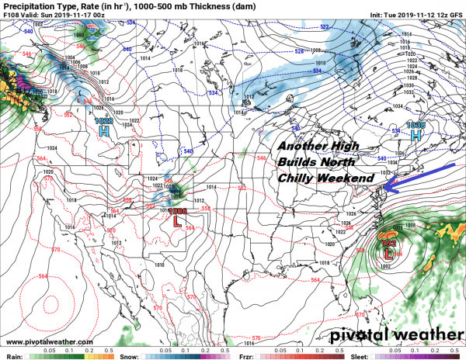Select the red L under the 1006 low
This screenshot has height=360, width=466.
pos(179,221)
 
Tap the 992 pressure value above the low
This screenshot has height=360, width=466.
pos(389,241)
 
